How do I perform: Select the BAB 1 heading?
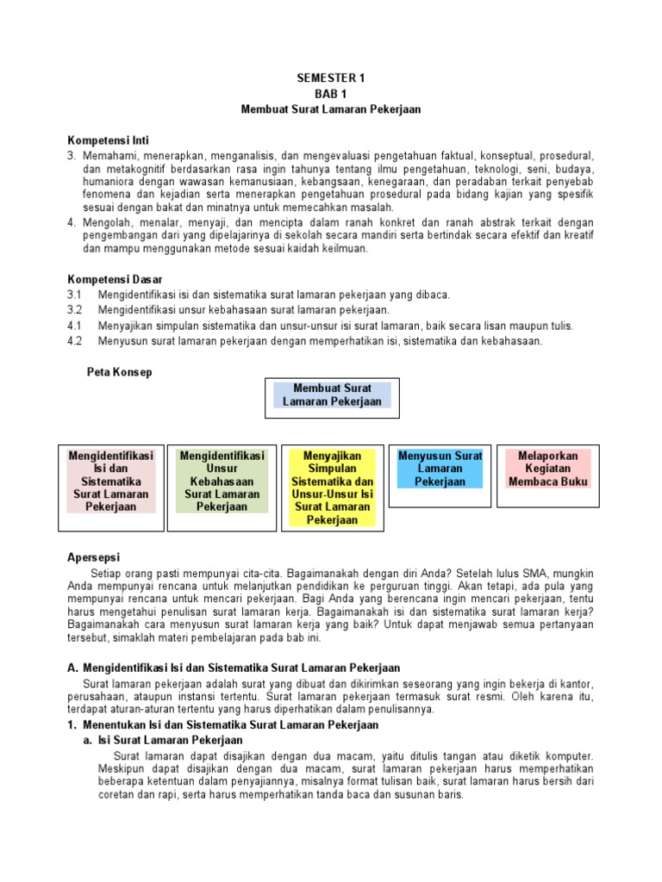(331, 94)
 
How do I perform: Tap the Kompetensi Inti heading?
(114, 140)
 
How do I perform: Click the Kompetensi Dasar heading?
(116, 280)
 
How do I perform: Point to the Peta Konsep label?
(120, 372)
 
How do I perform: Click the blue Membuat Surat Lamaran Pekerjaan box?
(332, 395)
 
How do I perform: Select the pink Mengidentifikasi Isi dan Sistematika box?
(110, 481)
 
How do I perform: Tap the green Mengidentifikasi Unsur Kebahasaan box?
(222, 481)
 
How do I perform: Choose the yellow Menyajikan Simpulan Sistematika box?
(332, 488)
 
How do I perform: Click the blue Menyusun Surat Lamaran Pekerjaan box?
(440, 469)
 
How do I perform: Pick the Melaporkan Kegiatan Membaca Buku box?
(548, 469)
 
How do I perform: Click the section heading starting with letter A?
(233, 668)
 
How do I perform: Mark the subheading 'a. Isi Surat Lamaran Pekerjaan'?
(163, 740)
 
